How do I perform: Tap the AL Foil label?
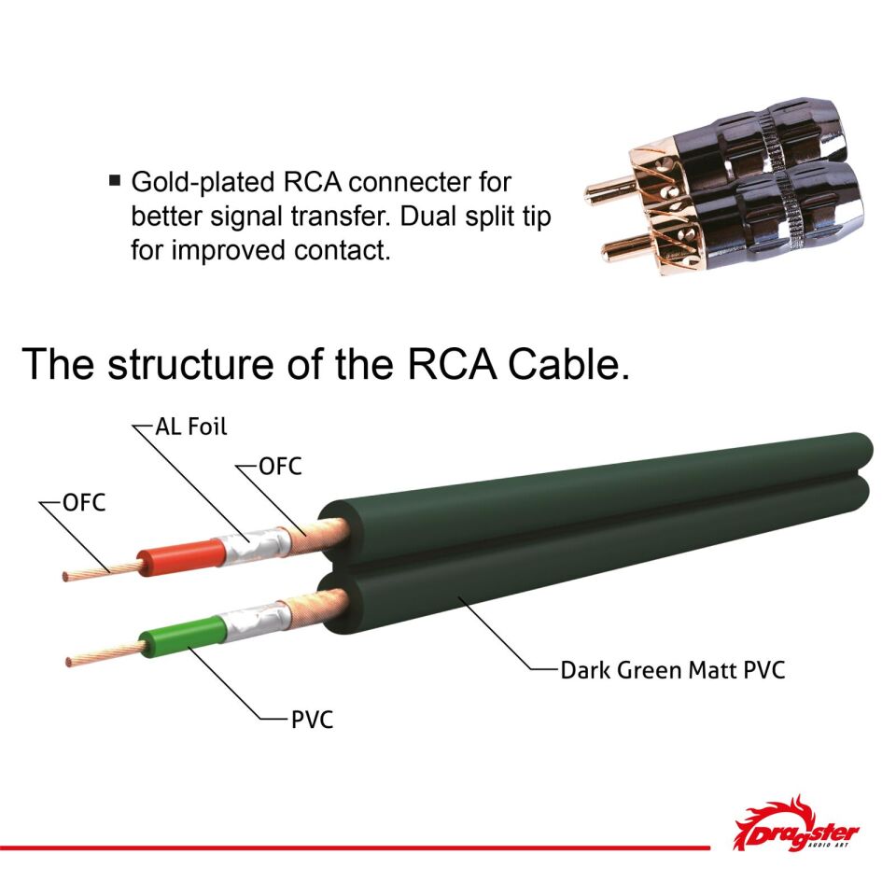tap(191, 427)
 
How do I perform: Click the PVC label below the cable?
tap(312, 720)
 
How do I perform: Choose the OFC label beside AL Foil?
tap(280, 467)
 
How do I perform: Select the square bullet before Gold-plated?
tap(115, 179)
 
